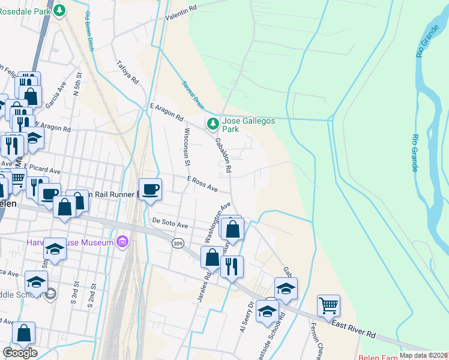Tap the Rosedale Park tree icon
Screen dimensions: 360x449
pos(59,10)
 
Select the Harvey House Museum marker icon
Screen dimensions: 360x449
pos(123,242)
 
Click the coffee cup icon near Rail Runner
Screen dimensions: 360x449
pos(150,190)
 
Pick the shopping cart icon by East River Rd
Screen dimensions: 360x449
pos(328,305)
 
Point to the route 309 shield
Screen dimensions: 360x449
pos(177,244)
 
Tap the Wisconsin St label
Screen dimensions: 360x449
pos(187,146)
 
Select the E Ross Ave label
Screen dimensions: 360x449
pos(202,184)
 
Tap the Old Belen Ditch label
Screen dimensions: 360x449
pos(92,30)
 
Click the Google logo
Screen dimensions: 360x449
pos(20,353)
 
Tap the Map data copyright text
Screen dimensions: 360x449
pos(424,355)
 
